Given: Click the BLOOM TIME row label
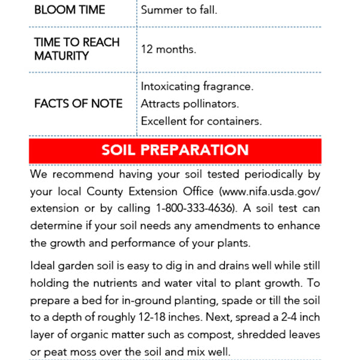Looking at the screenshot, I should click(x=70, y=10).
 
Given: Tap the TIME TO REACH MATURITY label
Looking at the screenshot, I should click(x=77, y=49).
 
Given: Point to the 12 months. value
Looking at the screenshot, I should click(x=169, y=49).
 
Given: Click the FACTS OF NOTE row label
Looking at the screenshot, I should click(x=78, y=104).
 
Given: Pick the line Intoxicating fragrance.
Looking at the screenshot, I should click(x=197, y=87).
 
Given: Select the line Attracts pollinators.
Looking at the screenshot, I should click(x=190, y=104).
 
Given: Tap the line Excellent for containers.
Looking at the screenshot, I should click(x=202, y=121).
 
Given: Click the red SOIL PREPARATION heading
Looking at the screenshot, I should click(x=175, y=150).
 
